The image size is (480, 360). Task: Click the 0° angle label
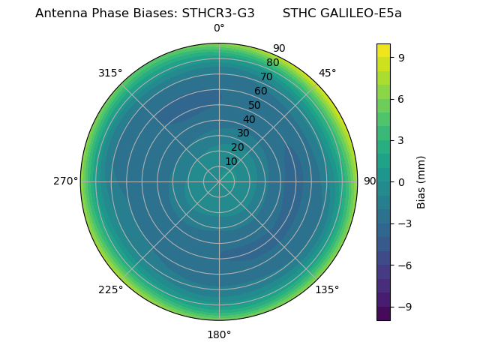(x=219, y=28)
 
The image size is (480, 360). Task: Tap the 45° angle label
(x=327, y=73)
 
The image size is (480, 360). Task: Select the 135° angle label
(x=327, y=289)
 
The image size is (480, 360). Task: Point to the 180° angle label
(x=219, y=334)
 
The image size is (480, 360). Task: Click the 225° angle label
(x=110, y=289)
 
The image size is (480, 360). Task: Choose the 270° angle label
(x=65, y=181)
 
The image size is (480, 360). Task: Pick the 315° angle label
(x=110, y=73)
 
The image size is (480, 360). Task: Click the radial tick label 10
(x=231, y=161)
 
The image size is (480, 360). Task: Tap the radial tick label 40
(x=249, y=119)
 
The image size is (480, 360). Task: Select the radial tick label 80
(x=273, y=62)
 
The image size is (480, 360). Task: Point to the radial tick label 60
(x=261, y=91)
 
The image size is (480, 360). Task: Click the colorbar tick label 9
(x=402, y=57)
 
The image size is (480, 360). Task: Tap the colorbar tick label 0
(x=402, y=181)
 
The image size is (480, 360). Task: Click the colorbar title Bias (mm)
(x=421, y=181)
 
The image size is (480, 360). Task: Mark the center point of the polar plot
(x=219, y=181)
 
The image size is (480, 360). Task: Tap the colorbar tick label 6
(x=402, y=98)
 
